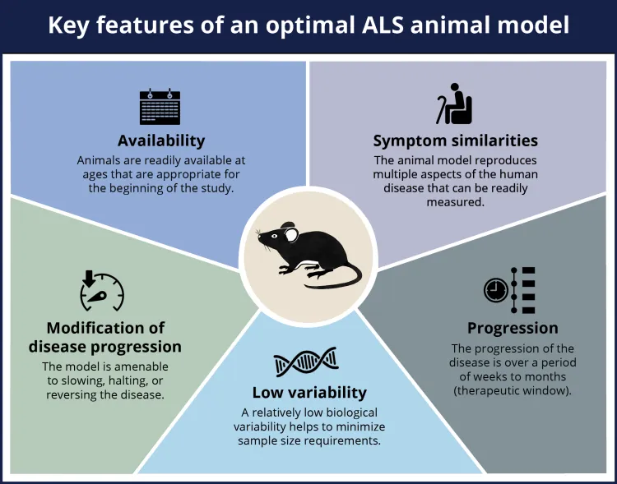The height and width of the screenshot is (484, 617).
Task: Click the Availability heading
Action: [160, 140]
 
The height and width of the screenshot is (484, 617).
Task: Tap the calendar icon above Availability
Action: [160, 106]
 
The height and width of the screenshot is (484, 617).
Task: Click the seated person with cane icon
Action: [454, 104]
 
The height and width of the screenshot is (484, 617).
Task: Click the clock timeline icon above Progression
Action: [510, 289]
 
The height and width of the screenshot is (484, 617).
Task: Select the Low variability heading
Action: [308, 392]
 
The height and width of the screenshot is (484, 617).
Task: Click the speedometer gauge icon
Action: [101, 289]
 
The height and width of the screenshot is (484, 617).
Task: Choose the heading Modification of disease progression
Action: [105, 337]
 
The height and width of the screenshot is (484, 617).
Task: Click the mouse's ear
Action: [291, 235]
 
